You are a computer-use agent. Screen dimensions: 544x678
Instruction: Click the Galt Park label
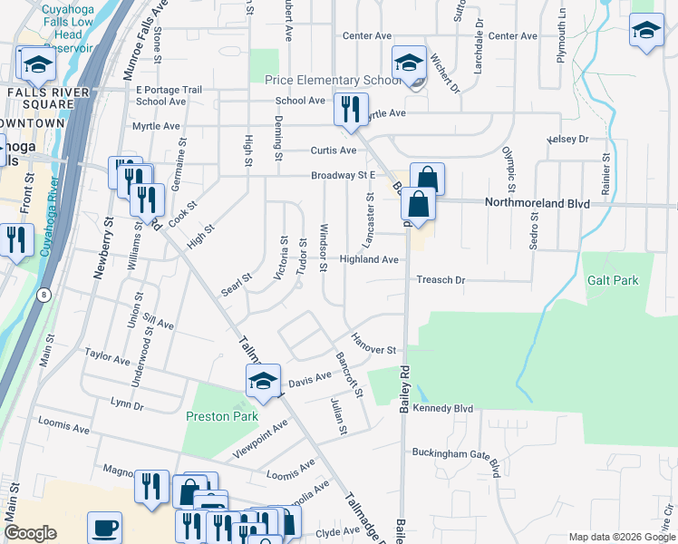[612, 281]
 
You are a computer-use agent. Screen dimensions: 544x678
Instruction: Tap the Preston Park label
[222, 417]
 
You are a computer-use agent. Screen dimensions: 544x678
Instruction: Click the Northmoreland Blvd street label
[538, 204]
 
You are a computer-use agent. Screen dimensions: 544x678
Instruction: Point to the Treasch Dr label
[441, 280]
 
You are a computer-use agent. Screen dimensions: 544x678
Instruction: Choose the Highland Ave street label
[369, 259]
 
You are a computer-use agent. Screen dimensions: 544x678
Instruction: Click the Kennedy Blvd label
[443, 409]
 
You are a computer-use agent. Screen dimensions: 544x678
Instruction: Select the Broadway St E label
[343, 176]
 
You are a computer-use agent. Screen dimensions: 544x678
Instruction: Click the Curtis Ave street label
[334, 151]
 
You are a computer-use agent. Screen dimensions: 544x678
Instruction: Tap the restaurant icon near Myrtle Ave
[349, 110]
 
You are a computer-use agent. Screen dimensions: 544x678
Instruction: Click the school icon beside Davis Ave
[263, 382]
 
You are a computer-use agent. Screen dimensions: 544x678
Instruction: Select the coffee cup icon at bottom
[105, 528]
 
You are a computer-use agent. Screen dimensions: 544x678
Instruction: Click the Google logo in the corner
[30, 533]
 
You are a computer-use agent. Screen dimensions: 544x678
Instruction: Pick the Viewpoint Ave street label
[261, 436]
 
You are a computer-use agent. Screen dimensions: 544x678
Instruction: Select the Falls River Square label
[50, 98]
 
